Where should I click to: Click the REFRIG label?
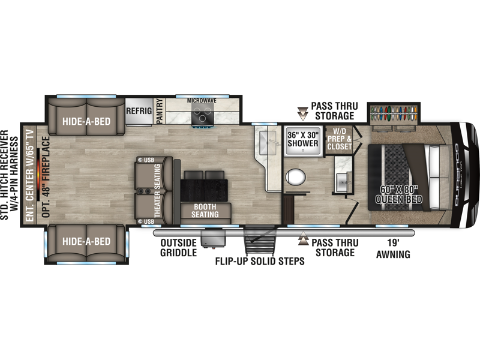click(x=139, y=111)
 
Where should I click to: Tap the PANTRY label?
click(x=159, y=112)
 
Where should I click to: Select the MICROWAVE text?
click(x=202, y=101)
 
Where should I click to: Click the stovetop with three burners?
click(x=203, y=114)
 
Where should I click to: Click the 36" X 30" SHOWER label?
click(x=303, y=139)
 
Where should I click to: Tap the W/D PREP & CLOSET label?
click(x=339, y=139)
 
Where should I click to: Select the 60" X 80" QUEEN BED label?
click(x=398, y=194)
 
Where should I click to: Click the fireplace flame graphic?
click(x=38, y=175)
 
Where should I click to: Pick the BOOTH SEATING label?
click(x=205, y=211)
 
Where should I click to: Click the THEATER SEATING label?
click(x=157, y=191)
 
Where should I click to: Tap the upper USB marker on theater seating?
click(x=146, y=160)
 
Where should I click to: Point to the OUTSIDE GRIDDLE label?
click(x=178, y=248)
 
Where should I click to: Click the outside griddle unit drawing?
click(x=213, y=238)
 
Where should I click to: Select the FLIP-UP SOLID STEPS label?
click(x=260, y=261)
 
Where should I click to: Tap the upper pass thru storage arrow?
click(x=303, y=113)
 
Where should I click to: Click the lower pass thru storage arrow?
click(x=303, y=238)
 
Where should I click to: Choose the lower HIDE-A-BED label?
click(x=86, y=242)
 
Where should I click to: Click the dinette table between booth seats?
click(x=204, y=187)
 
